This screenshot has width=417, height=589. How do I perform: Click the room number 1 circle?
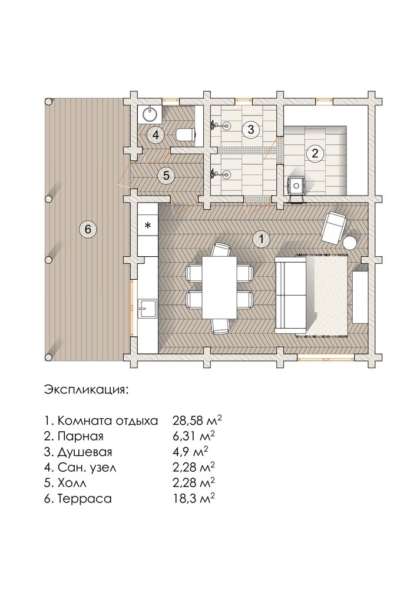(260, 239)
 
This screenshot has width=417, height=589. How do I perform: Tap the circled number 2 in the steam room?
(315, 153)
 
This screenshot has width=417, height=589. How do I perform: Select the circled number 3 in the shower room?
(250, 129)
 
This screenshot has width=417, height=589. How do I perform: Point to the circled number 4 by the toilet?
(155, 135)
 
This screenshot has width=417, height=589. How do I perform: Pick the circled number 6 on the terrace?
(88, 229)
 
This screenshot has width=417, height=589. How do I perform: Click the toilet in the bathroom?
(186, 134)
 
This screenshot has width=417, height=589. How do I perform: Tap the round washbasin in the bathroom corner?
(151, 114)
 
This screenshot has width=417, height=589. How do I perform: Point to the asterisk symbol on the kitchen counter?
(148, 226)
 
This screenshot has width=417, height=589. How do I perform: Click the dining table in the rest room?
(219, 287)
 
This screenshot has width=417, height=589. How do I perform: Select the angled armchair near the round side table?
(333, 227)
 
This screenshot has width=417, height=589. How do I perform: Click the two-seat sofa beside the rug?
(292, 295)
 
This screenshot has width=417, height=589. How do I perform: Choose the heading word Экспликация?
(86, 389)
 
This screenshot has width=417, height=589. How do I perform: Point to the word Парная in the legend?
(81, 436)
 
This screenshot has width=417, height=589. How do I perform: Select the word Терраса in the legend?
(85, 498)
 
